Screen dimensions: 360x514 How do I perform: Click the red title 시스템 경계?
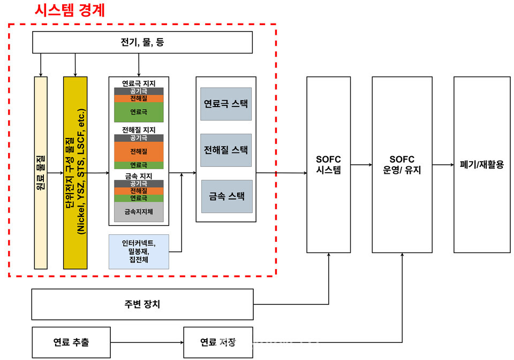70,10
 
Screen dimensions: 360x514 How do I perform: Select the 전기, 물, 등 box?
142,42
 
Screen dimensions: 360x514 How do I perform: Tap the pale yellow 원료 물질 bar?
41,172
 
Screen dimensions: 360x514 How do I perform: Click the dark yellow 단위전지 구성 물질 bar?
75,172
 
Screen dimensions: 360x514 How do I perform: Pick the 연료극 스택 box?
225,104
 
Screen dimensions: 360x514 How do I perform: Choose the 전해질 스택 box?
225,150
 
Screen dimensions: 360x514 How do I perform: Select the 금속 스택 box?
225,196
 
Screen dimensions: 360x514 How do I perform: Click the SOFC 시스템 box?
328,164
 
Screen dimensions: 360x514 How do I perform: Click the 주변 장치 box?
142,304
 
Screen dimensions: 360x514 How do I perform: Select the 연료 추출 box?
71,342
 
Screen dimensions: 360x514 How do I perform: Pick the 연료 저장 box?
218,342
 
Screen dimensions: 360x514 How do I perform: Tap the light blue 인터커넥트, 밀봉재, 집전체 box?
139,251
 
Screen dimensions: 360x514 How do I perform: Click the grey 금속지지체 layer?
139,212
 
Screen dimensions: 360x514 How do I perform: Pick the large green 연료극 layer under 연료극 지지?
139,112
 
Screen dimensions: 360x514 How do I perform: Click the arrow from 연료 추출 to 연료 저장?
147,342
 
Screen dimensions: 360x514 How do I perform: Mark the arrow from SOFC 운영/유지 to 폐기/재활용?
443,164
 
